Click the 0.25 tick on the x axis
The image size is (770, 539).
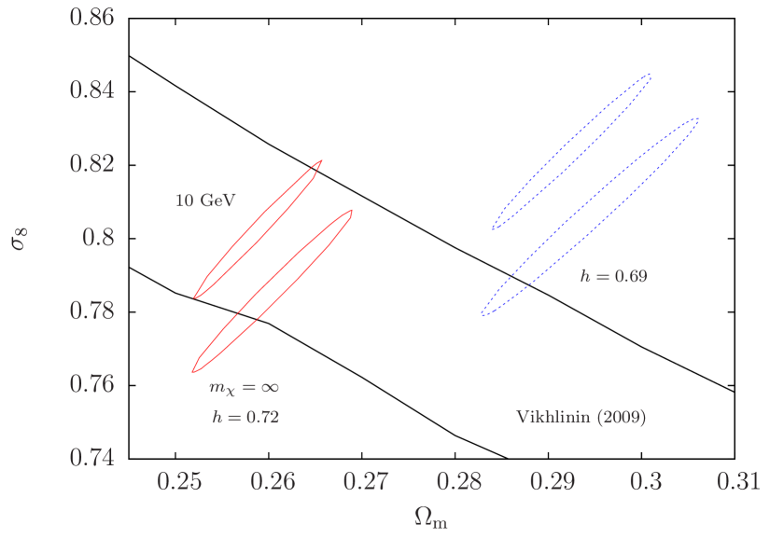pyautogui.click(x=180, y=482)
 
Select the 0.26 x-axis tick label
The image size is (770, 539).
pyautogui.click(x=273, y=482)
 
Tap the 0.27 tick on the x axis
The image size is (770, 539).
pyautogui.click(x=366, y=482)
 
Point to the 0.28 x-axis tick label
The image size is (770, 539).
pyautogui.click(x=459, y=482)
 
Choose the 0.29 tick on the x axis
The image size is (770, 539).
pyautogui.click(x=553, y=482)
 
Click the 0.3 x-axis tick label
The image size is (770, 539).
pyautogui.click(x=646, y=482)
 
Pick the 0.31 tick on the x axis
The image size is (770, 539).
pyautogui.click(x=737, y=482)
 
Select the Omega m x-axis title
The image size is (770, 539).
pyautogui.click(x=431, y=518)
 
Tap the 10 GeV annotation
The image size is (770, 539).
pyautogui.click(x=206, y=200)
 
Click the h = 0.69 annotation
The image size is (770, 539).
pyautogui.click(x=613, y=277)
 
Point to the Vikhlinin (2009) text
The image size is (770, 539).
pyautogui.click(x=581, y=417)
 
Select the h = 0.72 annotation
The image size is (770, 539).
pyautogui.click(x=245, y=417)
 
